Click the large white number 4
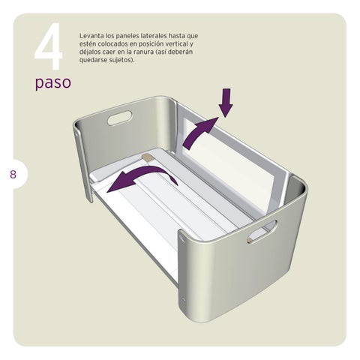[49, 46]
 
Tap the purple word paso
[53, 82]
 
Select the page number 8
[13, 174]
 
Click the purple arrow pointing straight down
[226, 103]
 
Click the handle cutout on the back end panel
[119, 118]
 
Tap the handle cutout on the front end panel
[262, 232]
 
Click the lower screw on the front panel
[184, 299]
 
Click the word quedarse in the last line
[93, 60]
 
